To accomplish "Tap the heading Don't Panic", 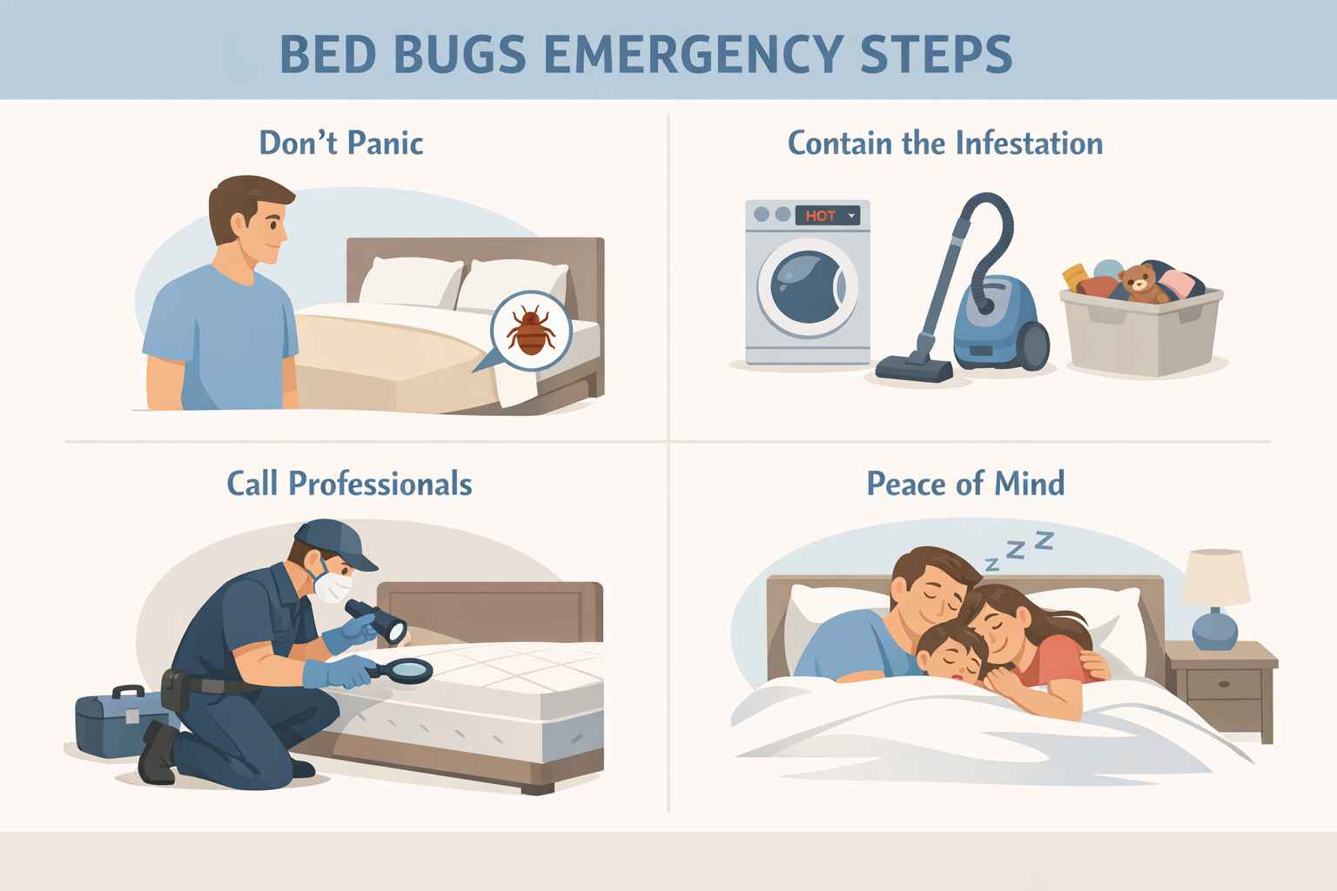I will coord(341,143).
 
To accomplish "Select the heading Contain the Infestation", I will coord(945,143).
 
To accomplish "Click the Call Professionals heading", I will coord(349,484).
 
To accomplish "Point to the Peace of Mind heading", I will coord(965,484).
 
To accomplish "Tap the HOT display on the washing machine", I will coord(821,216).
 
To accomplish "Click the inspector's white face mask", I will coord(332,585).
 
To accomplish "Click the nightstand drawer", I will coord(1222,685).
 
